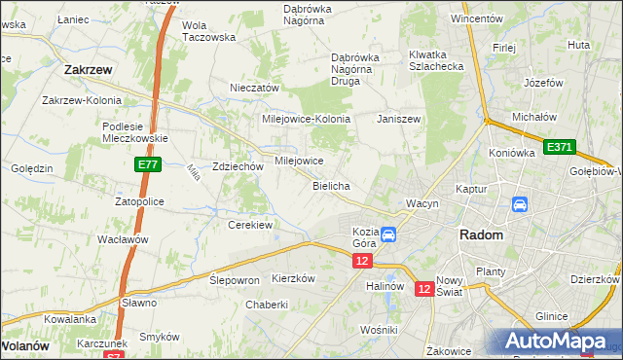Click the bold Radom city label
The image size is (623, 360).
[x=481, y=235]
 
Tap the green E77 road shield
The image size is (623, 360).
[x=147, y=166]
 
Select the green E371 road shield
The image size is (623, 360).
[x=560, y=147]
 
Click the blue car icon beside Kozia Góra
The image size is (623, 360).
[x=388, y=234]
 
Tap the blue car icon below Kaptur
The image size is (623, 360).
[x=520, y=205]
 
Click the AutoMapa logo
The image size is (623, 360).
[x=555, y=341]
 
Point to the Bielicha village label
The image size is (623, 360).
[x=331, y=185]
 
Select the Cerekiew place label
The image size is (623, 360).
[x=249, y=225]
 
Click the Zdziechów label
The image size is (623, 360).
[x=238, y=166]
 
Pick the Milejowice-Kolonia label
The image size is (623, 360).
[x=306, y=119]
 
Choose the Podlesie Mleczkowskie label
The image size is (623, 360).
[x=135, y=131]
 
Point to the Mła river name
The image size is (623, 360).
[x=193, y=172]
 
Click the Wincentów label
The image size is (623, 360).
[x=476, y=18]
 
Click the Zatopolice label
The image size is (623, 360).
[x=139, y=201]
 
